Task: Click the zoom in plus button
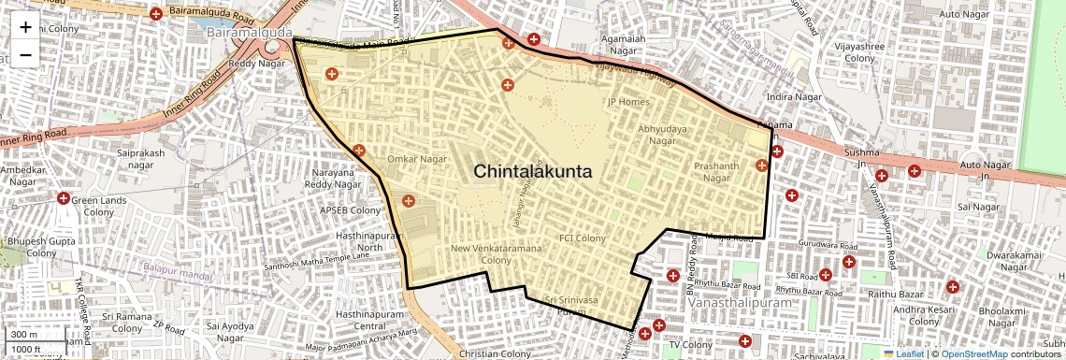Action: pyautogui.click(x=25, y=26)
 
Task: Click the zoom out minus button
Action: pyautogui.click(x=25, y=54)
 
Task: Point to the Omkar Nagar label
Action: pyautogui.click(x=417, y=160)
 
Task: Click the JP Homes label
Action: pyautogui.click(x=628, y=102)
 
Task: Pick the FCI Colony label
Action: pyautogui.click(x=583, y=238)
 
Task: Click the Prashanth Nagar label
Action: pyautogui.click(x=716, y=172)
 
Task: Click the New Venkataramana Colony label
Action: pyautogui.click(x=495, y=254)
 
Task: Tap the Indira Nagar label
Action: pyautogui.click(x=793, y=96)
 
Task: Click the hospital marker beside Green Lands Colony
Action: pyautogui.click(x=65, y=198)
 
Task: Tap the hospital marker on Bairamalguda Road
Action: pyautogui.click(x=156, y=14)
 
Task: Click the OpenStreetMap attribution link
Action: pyautogui.click(x=973, y=354)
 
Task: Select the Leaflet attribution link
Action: pyautogui.click(x=910, y=354)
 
